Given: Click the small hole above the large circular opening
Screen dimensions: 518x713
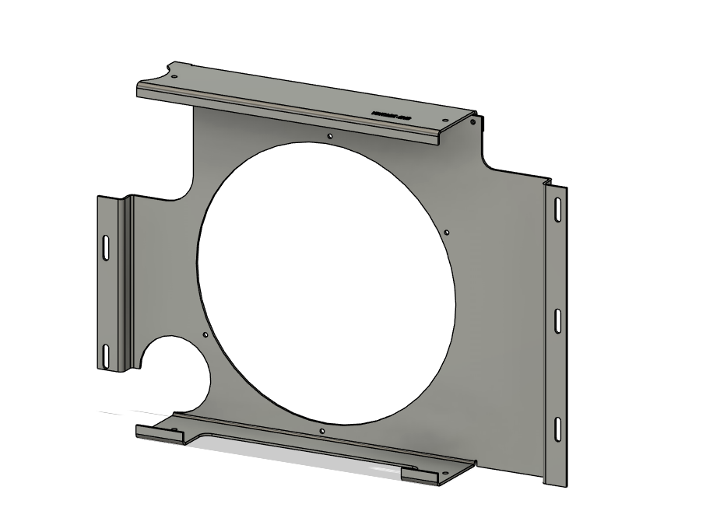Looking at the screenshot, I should pyautogui.click(x=330, y=135).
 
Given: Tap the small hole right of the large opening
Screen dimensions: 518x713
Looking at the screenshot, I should pyautogui.click(x=446, y=231).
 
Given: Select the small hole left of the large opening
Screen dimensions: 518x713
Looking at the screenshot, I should pyautogui.click(x=205, y=335).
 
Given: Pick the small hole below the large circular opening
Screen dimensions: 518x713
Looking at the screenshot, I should pyautogui.click(x=321, y=430).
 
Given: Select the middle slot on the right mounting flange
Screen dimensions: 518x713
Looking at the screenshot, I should pyautogui.click(x=558, y=320).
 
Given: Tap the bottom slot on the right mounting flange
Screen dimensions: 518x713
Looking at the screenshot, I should pyautogui.click(x=558, y=429).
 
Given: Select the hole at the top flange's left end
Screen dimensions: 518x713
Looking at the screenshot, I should pyautogui.click(x=174, y=76).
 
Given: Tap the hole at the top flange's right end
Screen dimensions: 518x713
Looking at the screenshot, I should pyautogui.click(x=444, y=121).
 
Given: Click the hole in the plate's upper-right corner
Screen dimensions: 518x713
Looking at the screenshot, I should pyautogui.click(x=472, y=121).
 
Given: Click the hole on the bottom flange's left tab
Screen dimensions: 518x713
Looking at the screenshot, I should pyautogui.click(x=174, y=430).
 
